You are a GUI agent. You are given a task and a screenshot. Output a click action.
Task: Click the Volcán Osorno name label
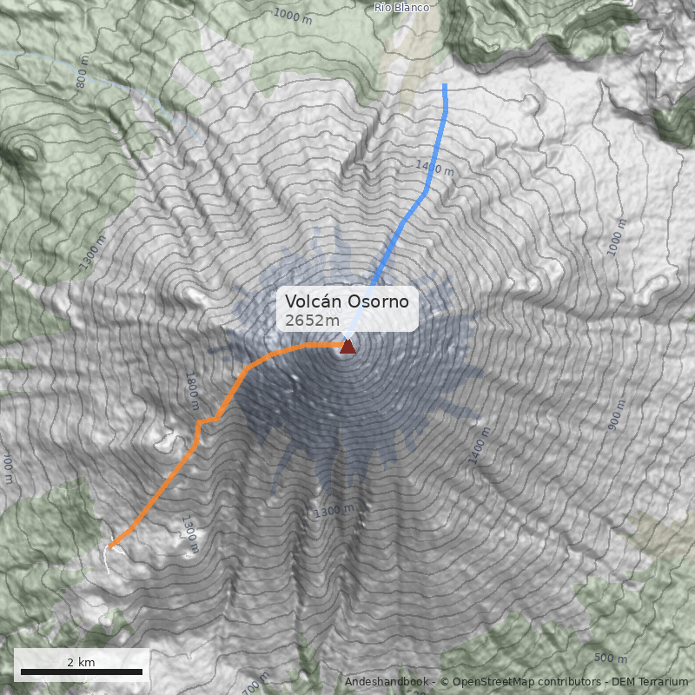pyautogui.click(x=347, y=301)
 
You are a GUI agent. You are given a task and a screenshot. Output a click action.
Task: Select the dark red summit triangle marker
pyautogui.click(x=347, y=347)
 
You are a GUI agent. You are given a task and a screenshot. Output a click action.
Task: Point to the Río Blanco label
pyautogui.click(x=400, y=7)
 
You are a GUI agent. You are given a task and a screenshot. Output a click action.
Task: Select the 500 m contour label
pyautogui.click(x=610, y=658)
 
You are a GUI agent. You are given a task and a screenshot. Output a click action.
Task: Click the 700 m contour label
pyautogui.click(x=255, y=681)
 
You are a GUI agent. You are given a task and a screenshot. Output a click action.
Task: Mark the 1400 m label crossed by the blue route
pyautogui.click(x=434, y=168)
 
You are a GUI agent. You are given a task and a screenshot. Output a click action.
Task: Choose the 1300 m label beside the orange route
pyautogui.click(x=190, y=533)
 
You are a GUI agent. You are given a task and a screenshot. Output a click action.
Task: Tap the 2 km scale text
pyautogui.click(x=81, y=662)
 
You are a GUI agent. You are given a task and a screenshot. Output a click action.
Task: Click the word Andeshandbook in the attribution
pyautogui.click(x=387, y=682)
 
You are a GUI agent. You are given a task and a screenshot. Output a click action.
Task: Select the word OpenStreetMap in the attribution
pyautogui.click(x=491, y=682)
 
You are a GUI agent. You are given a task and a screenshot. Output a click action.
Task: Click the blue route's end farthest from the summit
pyautogui.click(x=445, y=85)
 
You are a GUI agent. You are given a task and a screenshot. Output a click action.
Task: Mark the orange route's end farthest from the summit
pyautogui.click(x=111, y=546)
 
